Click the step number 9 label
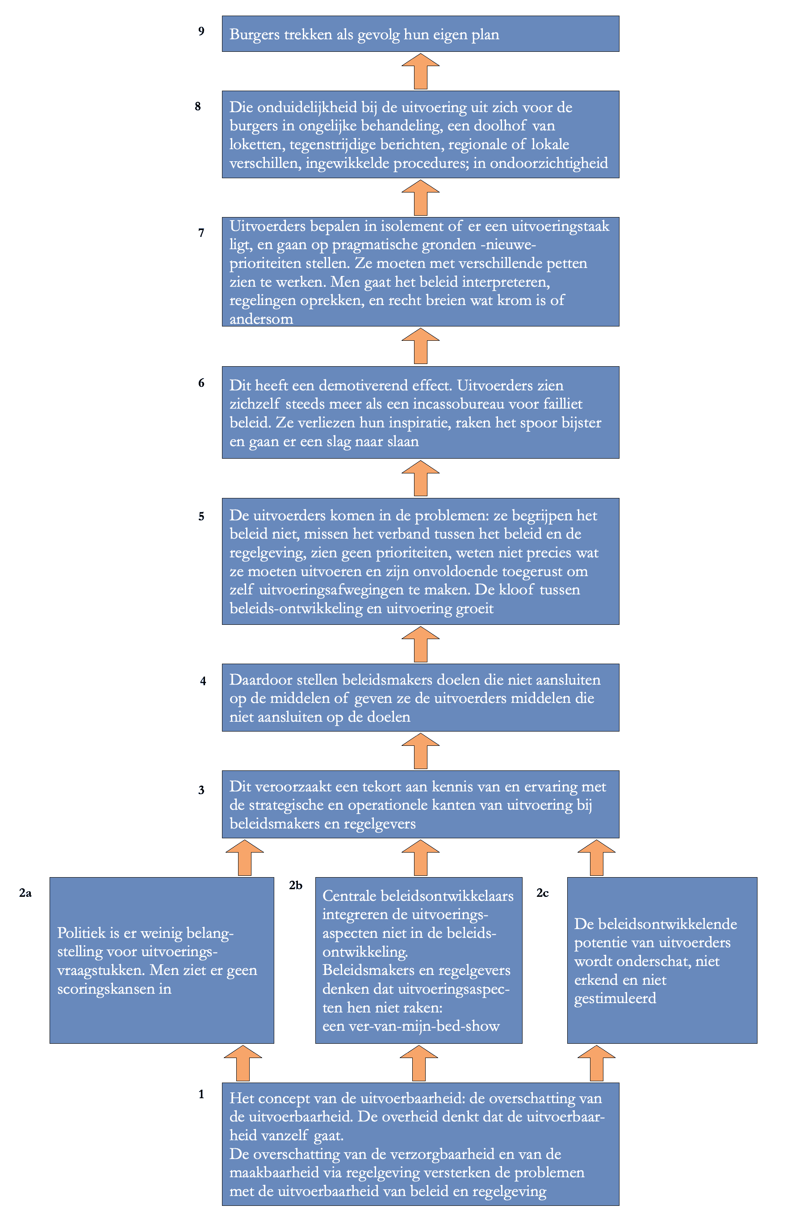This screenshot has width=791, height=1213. coord(201,31)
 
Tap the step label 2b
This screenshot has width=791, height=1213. coord(296,885)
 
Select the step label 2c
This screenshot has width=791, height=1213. coord(542,892)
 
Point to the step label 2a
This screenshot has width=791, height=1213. coord(25,892)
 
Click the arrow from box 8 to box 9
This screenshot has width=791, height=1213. coord(420,71)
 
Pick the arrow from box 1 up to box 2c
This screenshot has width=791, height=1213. coord(596,1063)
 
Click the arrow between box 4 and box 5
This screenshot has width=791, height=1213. coord(420,644)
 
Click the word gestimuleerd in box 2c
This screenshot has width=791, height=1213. coord(615,998)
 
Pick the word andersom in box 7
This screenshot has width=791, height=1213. coord(261,319)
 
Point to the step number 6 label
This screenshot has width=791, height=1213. coord(201,383)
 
